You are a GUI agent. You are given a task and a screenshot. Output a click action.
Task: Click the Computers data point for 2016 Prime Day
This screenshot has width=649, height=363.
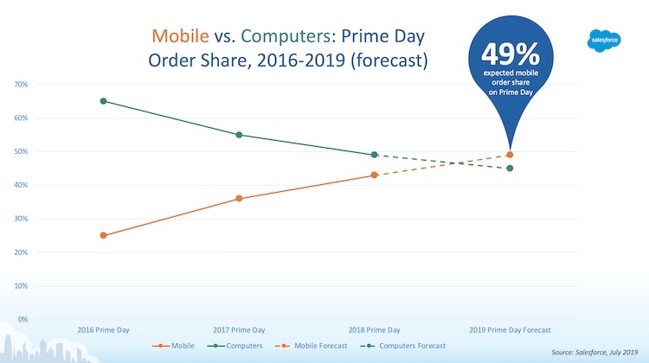click(x=104, y=101)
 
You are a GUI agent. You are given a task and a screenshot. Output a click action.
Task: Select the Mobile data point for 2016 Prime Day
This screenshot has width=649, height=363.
click(x=104, y=235)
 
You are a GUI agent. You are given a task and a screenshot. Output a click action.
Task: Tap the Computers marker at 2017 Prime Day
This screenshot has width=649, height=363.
click(x=239, y=135)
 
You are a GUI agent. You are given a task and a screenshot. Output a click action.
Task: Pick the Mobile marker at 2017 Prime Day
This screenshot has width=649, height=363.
click(x=239, y=199)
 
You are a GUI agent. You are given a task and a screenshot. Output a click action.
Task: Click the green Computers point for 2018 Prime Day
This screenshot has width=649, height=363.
click(x=374, y=155)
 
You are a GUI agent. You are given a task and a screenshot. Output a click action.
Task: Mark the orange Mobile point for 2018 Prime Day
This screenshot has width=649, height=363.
click(x=374, y=175)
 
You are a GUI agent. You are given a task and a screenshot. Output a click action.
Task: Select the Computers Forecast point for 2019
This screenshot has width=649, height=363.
click(x=510, y=169)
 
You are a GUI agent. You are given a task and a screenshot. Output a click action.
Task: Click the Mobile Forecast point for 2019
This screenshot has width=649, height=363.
click(x=510, y=155)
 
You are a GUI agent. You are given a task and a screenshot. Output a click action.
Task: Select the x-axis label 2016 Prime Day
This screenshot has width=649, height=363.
click(x=104, y=330)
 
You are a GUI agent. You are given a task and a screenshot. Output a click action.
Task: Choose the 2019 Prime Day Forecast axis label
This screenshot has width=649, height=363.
click(x=509, y=330)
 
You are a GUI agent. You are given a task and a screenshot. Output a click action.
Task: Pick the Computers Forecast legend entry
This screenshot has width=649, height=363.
click(x=407, y=346)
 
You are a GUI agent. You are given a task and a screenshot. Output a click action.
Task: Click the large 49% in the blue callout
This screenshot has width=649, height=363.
click(x=511, y=56)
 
